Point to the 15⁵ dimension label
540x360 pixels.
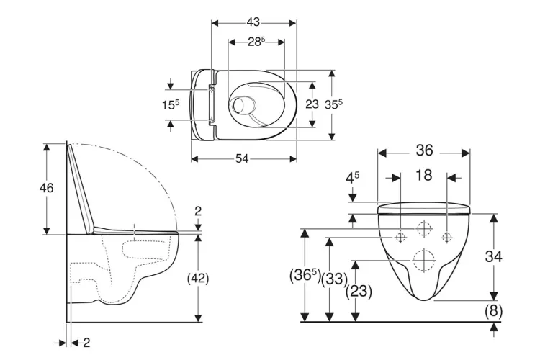pos(171,104)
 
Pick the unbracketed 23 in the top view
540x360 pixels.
pos(312,104)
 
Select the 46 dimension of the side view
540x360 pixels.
pos(45,188)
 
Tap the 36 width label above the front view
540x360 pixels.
pos(425,150)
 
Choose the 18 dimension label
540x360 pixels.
pos(424,176)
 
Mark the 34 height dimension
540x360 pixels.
pos(513,256)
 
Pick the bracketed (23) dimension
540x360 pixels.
pos(359,292)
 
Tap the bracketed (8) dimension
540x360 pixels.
pos(493,311)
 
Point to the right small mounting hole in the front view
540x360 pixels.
pos(447,235)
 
